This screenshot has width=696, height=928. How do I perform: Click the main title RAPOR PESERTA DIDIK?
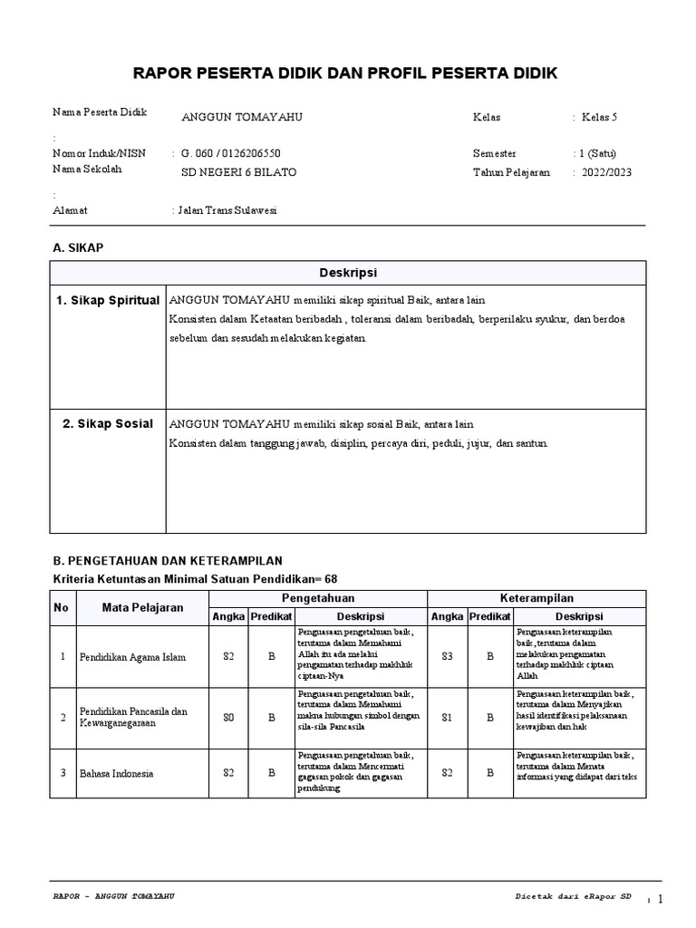point(346,72)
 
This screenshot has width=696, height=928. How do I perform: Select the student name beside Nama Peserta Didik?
point(242,118)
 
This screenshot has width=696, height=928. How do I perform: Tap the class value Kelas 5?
point(599,118)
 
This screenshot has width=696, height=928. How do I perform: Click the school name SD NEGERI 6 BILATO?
point(238,172)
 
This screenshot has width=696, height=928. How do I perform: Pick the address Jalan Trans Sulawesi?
point(227,210)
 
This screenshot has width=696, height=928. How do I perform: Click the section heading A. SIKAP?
point(79,247)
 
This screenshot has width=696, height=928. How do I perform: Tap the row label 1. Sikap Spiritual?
point(108,300)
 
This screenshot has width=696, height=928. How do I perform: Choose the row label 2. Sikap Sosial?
point(108,423)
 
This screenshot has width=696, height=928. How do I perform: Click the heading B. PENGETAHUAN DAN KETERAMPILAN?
point(168,561)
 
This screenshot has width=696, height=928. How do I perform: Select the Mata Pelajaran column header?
point(143,607)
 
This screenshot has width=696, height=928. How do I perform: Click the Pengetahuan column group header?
point(317,598)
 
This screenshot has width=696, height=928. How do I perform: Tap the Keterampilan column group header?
point(536,598)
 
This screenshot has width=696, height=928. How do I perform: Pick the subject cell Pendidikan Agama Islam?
point(132,657)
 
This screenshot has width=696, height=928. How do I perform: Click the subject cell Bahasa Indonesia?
point(117,773)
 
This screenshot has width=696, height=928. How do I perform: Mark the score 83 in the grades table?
point(446,655)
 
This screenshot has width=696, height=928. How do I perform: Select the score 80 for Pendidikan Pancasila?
point(228,717)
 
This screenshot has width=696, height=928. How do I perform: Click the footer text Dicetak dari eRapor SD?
point(573,896)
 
